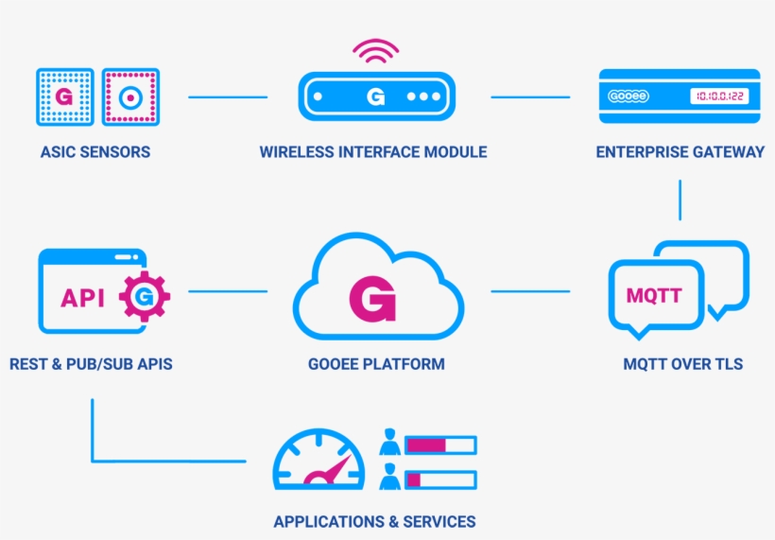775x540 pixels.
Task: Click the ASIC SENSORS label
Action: (95, 151)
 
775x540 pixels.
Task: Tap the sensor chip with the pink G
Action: (64, 96)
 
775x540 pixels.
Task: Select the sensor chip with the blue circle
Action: (130, 96)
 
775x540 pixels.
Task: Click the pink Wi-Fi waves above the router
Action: (375, 51)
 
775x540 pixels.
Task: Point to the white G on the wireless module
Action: (375, 96)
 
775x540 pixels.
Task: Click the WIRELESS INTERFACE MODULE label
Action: (373, 151)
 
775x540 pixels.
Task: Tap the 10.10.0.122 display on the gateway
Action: (718, 96)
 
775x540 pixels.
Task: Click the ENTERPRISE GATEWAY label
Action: (680, 151)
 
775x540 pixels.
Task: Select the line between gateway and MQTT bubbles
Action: (680, 200)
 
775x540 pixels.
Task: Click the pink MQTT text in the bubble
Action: (654, 296)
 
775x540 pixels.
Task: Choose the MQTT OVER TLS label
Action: (682, 364)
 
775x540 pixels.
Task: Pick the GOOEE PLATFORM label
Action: (376, 364)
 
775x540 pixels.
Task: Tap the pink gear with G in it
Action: (145, 297)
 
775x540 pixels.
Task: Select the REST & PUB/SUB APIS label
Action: (91, 364)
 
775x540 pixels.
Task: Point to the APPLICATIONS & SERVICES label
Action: (374, 521)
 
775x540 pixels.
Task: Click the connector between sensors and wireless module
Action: (228, 96)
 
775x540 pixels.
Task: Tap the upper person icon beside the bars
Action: (389, 443)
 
